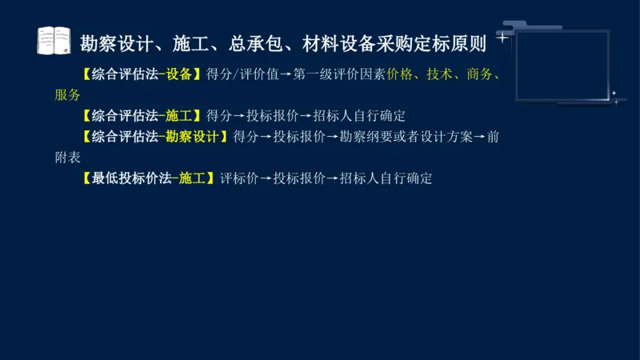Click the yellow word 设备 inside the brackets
coord(181,75)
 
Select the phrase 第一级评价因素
coord(340,75)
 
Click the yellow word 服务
coord(68,95)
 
